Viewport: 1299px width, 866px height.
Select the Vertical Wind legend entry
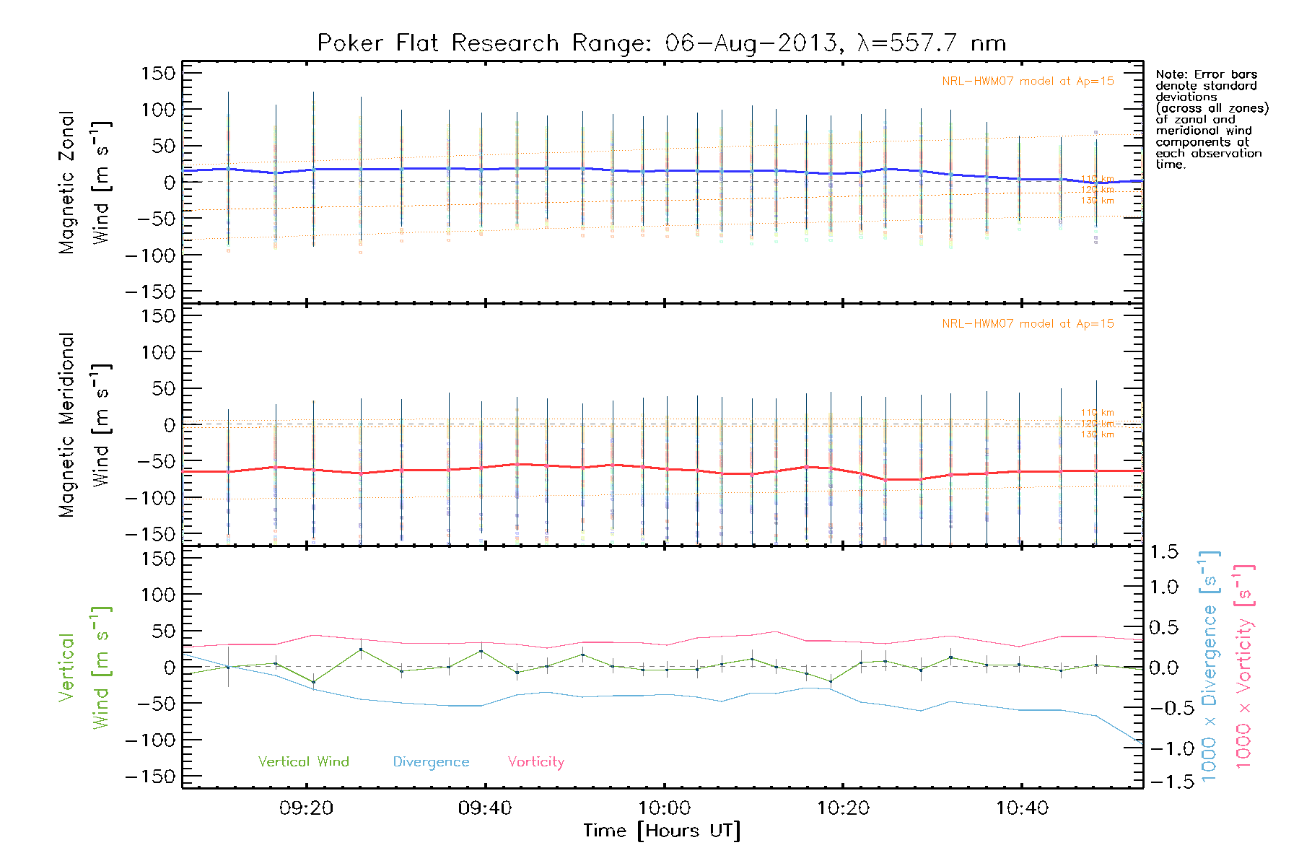pos(303,761)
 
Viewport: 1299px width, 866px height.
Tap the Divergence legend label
pos(431,762)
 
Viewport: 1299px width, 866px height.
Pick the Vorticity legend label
pos(535,761)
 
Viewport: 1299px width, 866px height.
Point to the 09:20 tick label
pos(306,808)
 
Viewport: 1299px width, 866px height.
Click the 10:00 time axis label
pos(664,808)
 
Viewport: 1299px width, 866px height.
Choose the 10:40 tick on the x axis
pos(1022,808)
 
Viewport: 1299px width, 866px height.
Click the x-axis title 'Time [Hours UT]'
pos(662,831)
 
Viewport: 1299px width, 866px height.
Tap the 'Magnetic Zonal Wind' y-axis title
pos(84,182)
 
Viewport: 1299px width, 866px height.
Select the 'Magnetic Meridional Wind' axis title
pos(84,425)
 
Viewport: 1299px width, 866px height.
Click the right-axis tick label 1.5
pos(1164,552)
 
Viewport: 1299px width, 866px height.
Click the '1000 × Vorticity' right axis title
pos(1243,666)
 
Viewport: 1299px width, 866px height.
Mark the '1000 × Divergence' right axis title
pos(1209,666)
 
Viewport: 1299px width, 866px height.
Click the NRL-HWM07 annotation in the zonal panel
pos(1028,82)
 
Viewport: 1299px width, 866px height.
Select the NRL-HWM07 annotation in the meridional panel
pos(1028,324)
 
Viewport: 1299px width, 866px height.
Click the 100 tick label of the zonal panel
pos(159,110)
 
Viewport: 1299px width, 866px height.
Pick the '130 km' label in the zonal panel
pos(1097,201)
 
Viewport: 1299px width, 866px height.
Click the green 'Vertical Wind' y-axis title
pos(84,668)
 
